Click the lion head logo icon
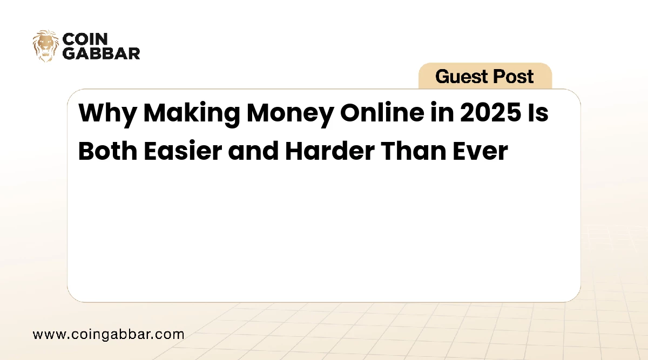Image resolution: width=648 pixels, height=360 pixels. tap(46, 45)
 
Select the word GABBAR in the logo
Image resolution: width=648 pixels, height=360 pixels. tap(102, 53)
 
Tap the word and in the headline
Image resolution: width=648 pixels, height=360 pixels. tap(253, 151)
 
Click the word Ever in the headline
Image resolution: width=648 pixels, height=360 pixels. tap(482, 151)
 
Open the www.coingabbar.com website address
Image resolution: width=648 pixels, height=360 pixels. tap(109, 334)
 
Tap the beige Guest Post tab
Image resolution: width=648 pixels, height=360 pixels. tap(485, 76)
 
